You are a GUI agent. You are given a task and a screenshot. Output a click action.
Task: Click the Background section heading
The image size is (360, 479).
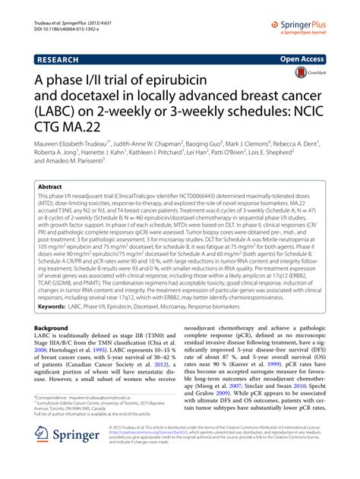click(x=55, y=328)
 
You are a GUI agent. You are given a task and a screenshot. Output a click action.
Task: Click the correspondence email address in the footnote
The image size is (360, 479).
click(x=121, y=397)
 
